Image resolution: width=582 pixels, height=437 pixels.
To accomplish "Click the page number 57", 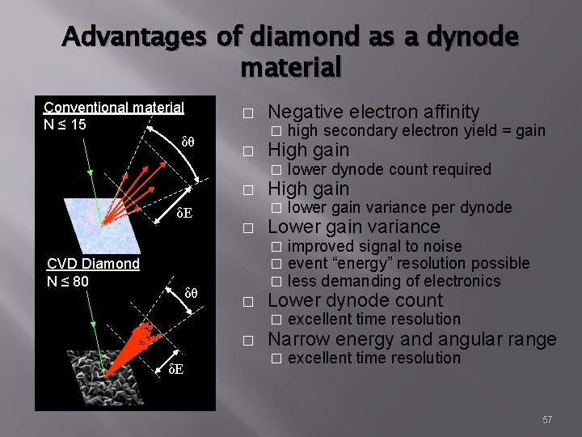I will pyautogui.click(x=547, y=419).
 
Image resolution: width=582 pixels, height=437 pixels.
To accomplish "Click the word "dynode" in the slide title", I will pyautogui.click(x=483, y=36).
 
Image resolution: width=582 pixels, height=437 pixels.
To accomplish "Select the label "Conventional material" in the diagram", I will pyautogui.click(x=114, y=108).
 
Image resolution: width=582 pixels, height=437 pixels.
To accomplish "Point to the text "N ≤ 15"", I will pyautogui.click(x=65, y=124).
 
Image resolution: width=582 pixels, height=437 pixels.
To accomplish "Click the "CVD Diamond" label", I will pyautogui.click(x=93, y=263).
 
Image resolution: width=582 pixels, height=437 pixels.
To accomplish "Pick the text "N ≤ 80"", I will pyautogui.click(x=67, y=280).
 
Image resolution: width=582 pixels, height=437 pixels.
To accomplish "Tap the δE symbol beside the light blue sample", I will pyautogui.click(x=184, y=214).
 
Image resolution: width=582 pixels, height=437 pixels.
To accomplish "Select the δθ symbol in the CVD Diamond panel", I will pyautogui.click(x=192, y=292).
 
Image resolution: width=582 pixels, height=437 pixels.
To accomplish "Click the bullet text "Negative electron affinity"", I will pyautogui.click(x=373, y=112).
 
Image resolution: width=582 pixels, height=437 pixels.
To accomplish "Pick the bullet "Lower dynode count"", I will pyautogui.click(x=355, y=301).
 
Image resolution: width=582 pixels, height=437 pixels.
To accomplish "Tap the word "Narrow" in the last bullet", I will pyautogui.click(x=293, y=339).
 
